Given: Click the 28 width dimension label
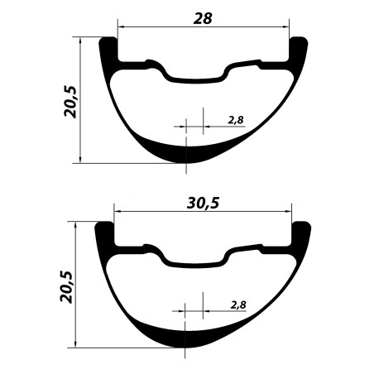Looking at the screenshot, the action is pos(203,19).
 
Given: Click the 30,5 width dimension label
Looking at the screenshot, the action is pos(203,204).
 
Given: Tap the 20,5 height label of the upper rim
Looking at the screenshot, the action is pos(70,102).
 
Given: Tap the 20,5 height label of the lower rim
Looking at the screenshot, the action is pos(66,287).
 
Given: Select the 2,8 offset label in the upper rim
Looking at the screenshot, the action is pos(236,120).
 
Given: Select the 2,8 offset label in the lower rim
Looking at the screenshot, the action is pos(238,305).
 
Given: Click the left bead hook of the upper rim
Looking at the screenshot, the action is pos(108,48).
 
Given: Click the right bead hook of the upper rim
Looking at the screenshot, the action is pos(299,48).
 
